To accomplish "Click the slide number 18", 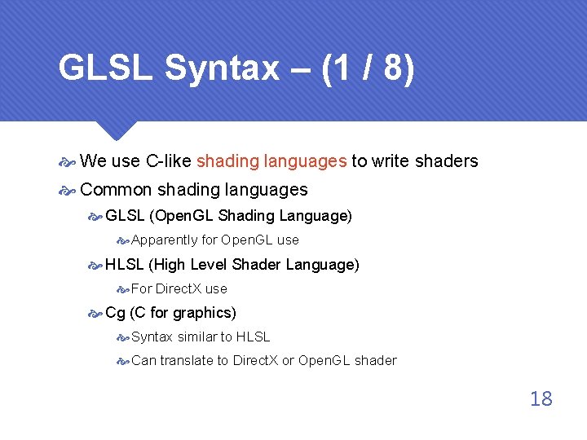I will pos(541,398).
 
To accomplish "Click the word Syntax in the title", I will pos(221,69).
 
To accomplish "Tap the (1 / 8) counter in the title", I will pos(369,69).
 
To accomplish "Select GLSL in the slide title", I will pos(106,69).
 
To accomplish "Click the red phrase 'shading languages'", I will pos(271,161).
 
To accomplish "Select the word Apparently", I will pos(164,240).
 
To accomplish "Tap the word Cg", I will pos(115,313).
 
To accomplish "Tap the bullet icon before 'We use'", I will pos(68,162).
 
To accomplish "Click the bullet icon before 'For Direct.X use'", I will pos(122,289).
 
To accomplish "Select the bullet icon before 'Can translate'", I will pos(122,361).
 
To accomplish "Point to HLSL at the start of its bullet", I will pos(124,265).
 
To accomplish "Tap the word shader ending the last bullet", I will pos(376,360).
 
